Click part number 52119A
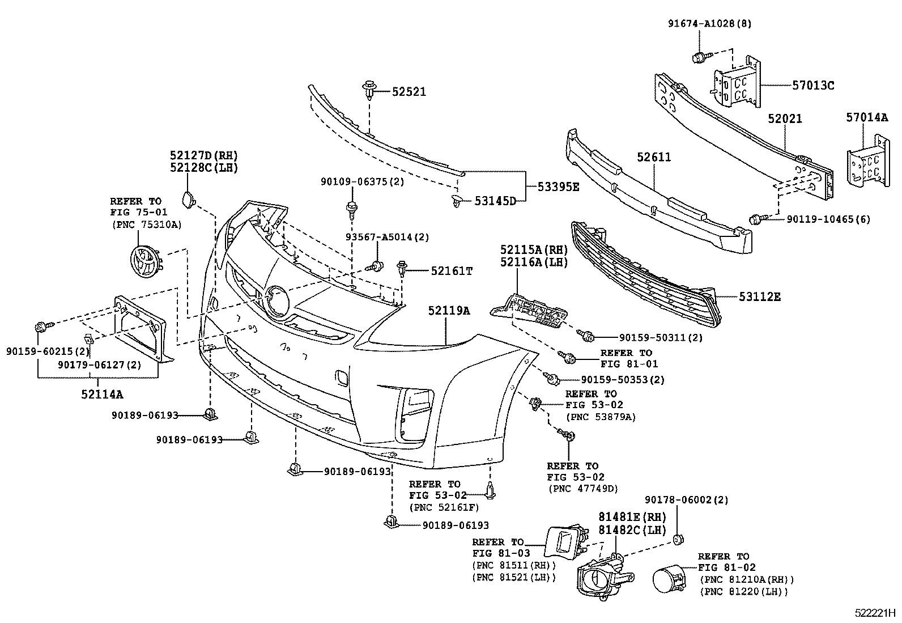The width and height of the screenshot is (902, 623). (449, 311)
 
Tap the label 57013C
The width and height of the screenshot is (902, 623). (813, 86)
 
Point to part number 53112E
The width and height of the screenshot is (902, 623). (759, 296)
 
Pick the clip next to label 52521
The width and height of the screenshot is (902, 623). (369, 90)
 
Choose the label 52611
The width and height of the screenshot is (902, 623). (653, 156)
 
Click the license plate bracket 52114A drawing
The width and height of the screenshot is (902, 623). (142, 329)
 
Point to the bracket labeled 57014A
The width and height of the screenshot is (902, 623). (867, 162)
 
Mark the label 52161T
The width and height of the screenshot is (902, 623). (451, 272)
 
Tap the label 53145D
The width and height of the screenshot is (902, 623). (495, 200)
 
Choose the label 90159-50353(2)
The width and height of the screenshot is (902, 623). (622, 380)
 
